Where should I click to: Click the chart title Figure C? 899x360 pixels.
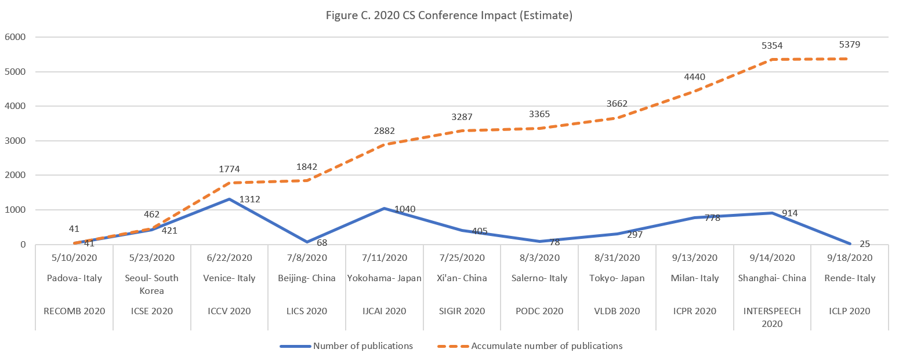point(449,16)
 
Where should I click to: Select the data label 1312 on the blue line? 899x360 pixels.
point(249,199)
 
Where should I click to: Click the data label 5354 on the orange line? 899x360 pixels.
point(773,45)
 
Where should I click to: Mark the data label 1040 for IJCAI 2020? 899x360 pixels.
point(404,209)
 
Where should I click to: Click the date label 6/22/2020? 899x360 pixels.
point(230,257)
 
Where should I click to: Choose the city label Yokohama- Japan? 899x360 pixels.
point(385,278)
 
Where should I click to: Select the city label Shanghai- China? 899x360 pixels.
point(772,278)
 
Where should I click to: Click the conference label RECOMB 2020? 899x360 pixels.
point(75,311)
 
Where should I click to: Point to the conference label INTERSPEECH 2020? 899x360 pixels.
point(772,317)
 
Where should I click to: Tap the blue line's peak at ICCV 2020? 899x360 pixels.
point(230,199)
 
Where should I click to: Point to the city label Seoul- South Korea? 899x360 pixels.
point(152,284)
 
